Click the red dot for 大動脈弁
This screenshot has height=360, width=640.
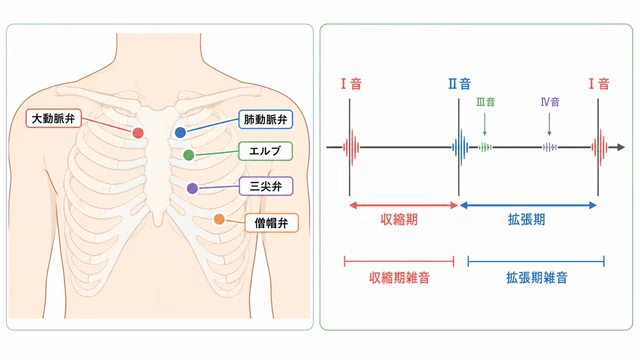point(138,133)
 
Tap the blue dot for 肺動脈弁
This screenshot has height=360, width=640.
point(180,132)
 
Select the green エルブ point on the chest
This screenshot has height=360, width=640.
point(189,155)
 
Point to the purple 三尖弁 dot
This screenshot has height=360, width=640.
point(192,188)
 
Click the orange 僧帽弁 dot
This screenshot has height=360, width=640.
point(219,219)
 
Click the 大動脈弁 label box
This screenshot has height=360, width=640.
point(53,118)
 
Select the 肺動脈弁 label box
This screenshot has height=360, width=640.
point(266,119)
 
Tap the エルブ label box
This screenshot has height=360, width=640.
point(265,151)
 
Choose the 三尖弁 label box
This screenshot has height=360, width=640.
point(266,186)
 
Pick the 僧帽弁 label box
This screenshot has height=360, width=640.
point(271,223)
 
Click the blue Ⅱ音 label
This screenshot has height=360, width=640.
point(460,84)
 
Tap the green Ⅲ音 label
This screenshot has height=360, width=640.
point(485,102)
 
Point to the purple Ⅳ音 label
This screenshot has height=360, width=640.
point(550,102)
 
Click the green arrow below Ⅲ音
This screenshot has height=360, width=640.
point(484,124)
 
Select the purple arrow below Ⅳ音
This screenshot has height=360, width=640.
point(549,124)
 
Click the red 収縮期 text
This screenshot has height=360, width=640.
point(399,220)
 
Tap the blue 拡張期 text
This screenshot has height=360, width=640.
point(527,220)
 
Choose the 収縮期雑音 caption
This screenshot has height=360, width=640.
point(399,278)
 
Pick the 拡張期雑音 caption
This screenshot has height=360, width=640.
point(537,278)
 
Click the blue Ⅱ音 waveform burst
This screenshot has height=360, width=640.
point(460,147)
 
